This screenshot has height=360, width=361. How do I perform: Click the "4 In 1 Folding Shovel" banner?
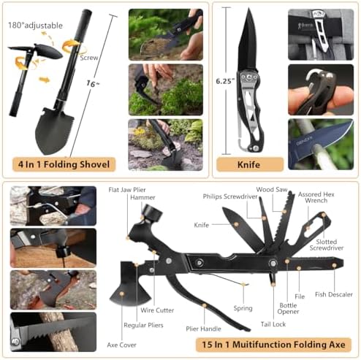64,164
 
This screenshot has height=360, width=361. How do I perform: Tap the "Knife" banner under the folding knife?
250,165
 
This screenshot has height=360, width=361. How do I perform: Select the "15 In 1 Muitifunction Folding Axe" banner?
273,345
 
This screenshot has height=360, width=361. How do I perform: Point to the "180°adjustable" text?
35,26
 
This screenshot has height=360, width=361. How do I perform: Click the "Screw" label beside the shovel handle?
89,58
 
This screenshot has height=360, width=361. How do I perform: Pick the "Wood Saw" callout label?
272,189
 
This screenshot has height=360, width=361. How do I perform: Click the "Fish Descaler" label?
334,294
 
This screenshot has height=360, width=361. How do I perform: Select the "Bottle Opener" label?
288,308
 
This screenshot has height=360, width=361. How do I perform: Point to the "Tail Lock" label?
273,324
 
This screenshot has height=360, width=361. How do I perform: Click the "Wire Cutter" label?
157,310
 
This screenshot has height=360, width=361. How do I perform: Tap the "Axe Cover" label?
121,345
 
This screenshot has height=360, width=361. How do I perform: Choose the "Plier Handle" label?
203,329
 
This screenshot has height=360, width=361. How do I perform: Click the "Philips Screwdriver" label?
230,196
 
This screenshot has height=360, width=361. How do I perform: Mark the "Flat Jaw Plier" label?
127,190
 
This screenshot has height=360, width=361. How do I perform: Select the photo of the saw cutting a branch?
53,332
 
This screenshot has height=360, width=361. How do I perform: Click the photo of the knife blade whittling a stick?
321,145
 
